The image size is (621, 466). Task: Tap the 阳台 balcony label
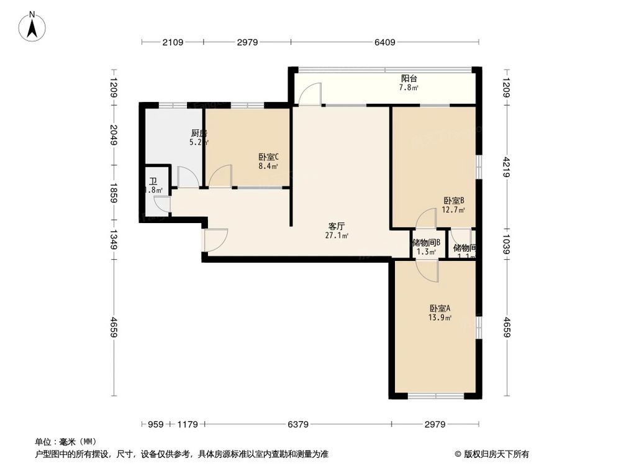409,78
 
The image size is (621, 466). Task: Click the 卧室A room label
439,308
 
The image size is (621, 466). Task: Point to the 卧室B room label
454,201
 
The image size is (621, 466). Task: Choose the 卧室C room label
268,157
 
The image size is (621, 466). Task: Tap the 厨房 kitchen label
198,133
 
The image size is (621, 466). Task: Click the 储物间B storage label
426,243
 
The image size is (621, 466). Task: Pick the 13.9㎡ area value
439,318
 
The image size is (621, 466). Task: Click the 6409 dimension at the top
385,42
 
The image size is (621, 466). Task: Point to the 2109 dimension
173,42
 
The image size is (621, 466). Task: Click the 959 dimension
155,424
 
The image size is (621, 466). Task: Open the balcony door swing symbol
309,94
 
